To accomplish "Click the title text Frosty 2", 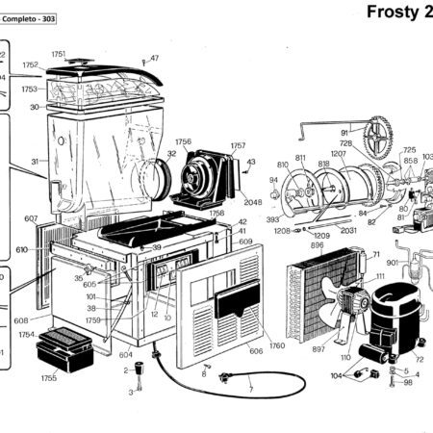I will click(399, 13).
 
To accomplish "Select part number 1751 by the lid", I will click(59, 54).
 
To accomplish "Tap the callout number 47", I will click(154, 59).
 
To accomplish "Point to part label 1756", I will click(183, 141).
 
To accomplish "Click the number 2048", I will click(252, 202).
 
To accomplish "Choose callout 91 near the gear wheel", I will click(344, 132).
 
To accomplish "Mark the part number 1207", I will click(338, 154).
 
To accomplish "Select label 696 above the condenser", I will click(317, 246).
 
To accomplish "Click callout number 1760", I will click(277, 345).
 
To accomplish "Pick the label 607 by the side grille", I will click(31, 218).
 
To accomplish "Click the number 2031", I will click(348, 230).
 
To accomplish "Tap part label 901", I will click(393, 263).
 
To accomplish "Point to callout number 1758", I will click(216, 213).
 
